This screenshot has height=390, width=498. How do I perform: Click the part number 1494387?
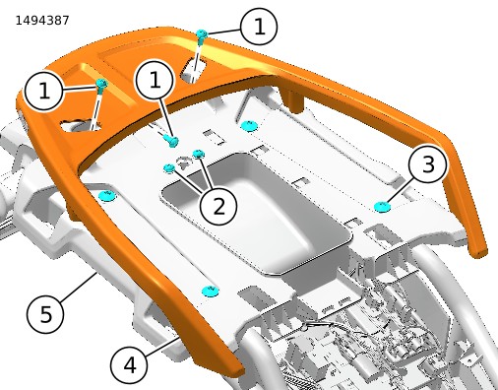pos(42,21)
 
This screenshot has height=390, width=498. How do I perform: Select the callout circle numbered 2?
pos(218,206)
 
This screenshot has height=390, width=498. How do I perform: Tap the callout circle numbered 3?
pos(428,164)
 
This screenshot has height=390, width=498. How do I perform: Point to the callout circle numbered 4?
pos(129,364)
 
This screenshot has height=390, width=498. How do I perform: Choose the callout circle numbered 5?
pos(45,314)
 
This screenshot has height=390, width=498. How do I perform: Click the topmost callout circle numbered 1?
pos(259,27)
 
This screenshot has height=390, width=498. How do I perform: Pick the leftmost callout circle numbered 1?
pos(43,91)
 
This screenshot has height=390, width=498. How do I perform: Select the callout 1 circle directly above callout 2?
pos(155,81)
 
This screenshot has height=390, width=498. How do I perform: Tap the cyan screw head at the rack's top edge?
pos(202,33)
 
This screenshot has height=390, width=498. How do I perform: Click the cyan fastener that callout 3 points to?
pos(383,207)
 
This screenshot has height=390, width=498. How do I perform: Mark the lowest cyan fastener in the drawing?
pos(210,291)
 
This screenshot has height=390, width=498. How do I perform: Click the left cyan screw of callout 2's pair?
pos(169,168)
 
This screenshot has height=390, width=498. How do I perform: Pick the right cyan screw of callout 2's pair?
pos(199,154)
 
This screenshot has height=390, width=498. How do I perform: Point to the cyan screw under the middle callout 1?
pos(171,141)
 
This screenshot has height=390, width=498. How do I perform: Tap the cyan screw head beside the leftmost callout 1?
pos(101,84)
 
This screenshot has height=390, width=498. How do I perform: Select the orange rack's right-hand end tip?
pos(479,254)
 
